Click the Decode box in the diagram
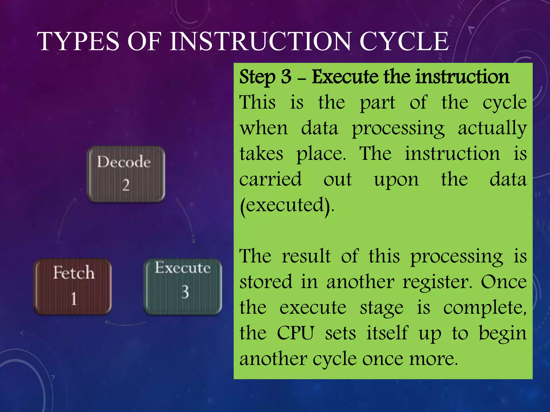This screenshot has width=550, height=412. click(126, 174)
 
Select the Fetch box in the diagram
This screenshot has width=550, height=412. click(73, 286)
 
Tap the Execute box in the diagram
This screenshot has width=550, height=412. click(183, 286)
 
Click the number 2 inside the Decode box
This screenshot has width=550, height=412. click(126, 185)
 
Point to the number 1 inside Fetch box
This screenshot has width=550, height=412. click(74, 299)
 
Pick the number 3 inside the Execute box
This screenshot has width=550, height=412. click(185, 292)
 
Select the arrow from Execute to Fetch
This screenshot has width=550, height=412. click(126, 323)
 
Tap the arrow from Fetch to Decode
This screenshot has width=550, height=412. click(64, 220)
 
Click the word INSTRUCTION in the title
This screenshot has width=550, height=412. click(260, 42)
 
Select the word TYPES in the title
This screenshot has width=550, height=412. click(78, 42)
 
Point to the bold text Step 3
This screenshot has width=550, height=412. click(265, 77)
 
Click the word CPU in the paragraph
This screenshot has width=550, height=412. click(295, 333)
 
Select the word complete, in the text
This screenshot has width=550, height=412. click(485, 308)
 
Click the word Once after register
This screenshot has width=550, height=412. click(504, 282)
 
